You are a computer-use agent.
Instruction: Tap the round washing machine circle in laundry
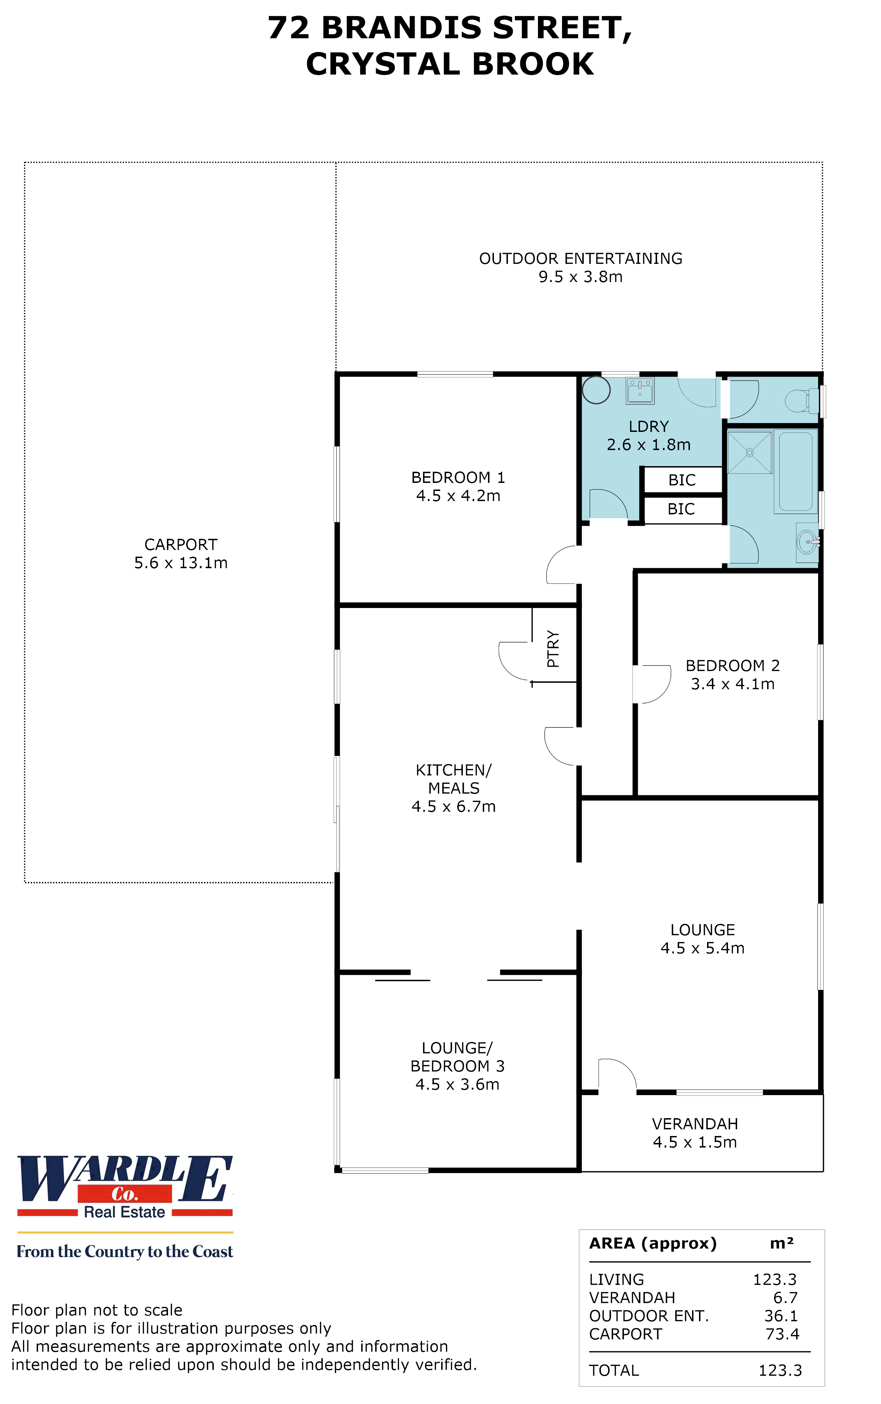click(x=596, y=390)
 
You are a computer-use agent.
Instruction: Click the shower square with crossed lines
click(x=749, y=452)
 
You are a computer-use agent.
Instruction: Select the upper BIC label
click(x=682, y=480)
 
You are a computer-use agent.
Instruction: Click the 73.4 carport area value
click(x=782, y=1334)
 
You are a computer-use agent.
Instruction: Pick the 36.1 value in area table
click(x=781, y=1316)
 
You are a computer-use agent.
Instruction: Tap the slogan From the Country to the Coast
click(x=125, y=1251)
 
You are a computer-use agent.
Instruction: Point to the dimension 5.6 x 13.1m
click(x=181, y=563)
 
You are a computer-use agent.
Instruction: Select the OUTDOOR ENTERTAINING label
click(x=580, y=258)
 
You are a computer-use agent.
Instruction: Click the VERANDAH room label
click(x=694, y=1124)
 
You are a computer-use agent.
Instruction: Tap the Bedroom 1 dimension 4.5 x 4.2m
click(x=458, y=496)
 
